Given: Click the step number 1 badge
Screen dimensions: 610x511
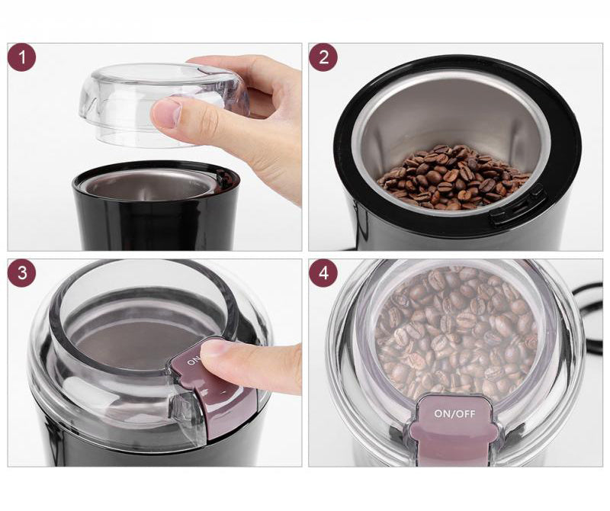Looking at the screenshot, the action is (22, 57).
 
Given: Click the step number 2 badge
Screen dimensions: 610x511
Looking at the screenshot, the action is (323, 57).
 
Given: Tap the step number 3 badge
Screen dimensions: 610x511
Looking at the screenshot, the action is (22, 273).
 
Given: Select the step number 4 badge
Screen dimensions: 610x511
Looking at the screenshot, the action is (323, 273).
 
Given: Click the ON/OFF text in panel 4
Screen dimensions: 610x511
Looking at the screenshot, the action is (454, 413).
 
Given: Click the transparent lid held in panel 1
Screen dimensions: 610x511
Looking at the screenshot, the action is (163, 104).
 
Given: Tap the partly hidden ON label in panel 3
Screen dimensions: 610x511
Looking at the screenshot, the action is (194, 360).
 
